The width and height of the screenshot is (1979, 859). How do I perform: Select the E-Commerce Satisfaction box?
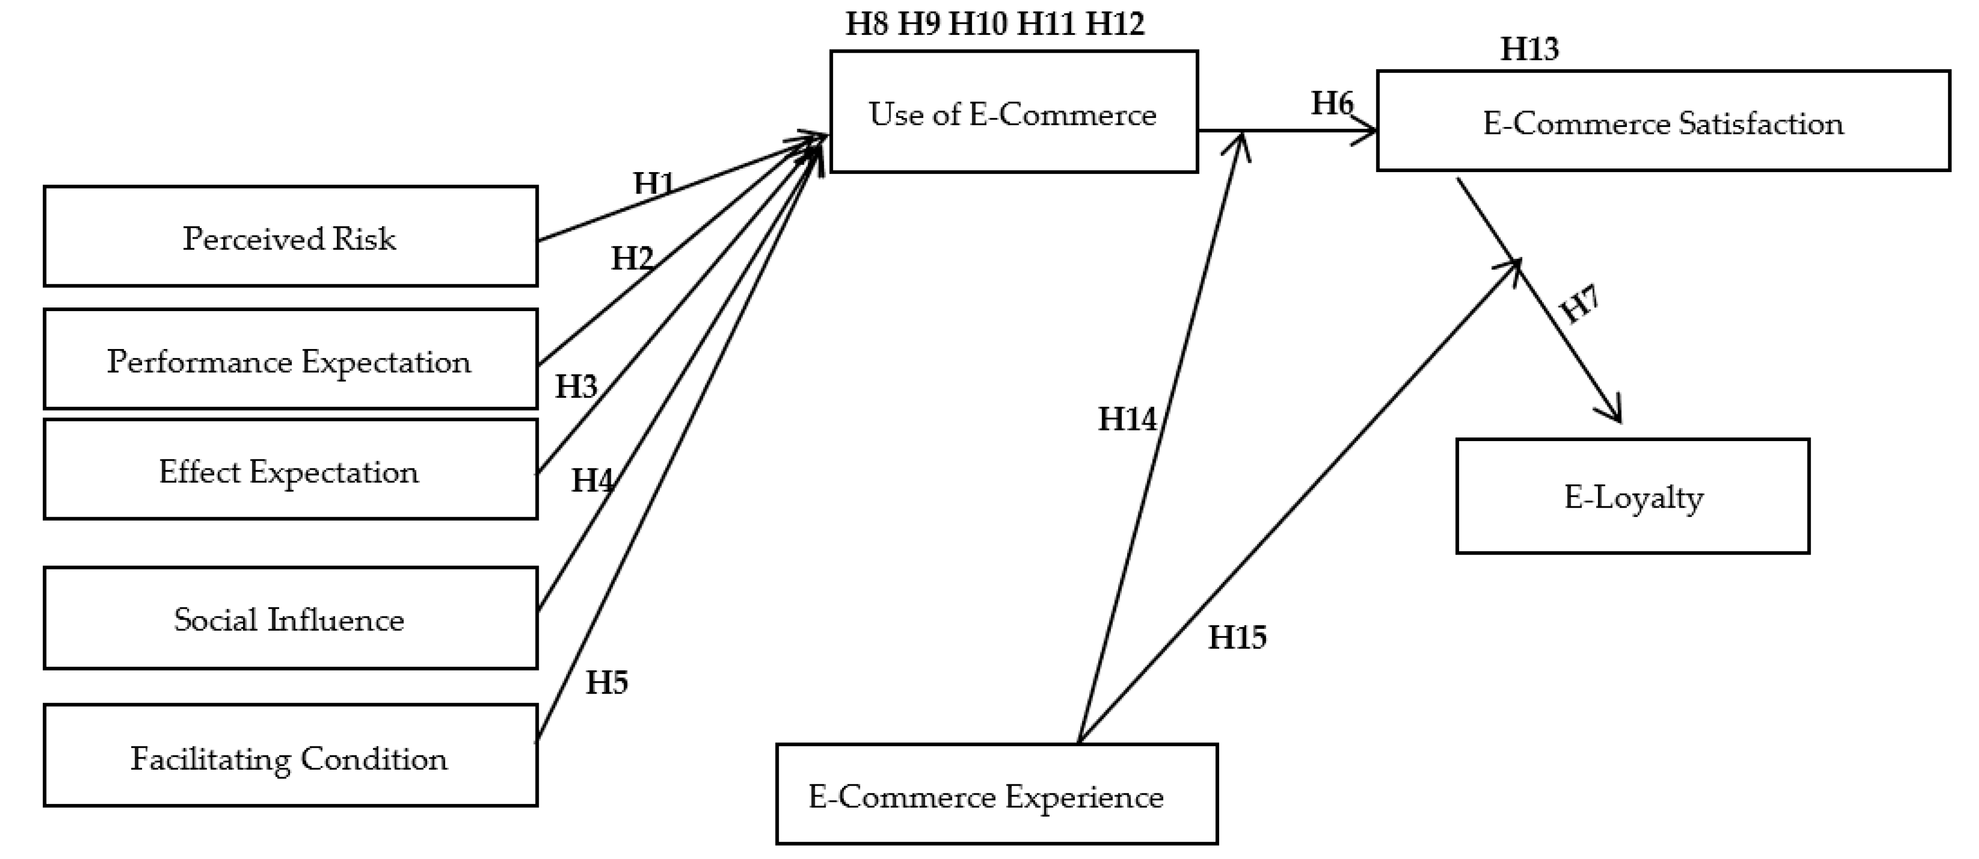click(1662, 122)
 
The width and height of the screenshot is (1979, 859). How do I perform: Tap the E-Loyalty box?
click(1632, 497)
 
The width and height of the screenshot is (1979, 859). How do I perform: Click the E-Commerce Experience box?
click(996, 795)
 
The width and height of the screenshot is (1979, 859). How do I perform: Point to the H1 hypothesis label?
click(654, 183)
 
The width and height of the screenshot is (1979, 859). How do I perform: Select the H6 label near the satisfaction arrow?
click(1331, 103)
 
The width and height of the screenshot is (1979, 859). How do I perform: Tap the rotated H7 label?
click(1580, 303)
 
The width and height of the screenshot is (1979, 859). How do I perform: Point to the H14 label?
click(1127, 419)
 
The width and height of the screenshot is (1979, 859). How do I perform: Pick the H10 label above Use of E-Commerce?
click(978, 23)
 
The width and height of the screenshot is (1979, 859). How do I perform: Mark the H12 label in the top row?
click(1115, 23)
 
